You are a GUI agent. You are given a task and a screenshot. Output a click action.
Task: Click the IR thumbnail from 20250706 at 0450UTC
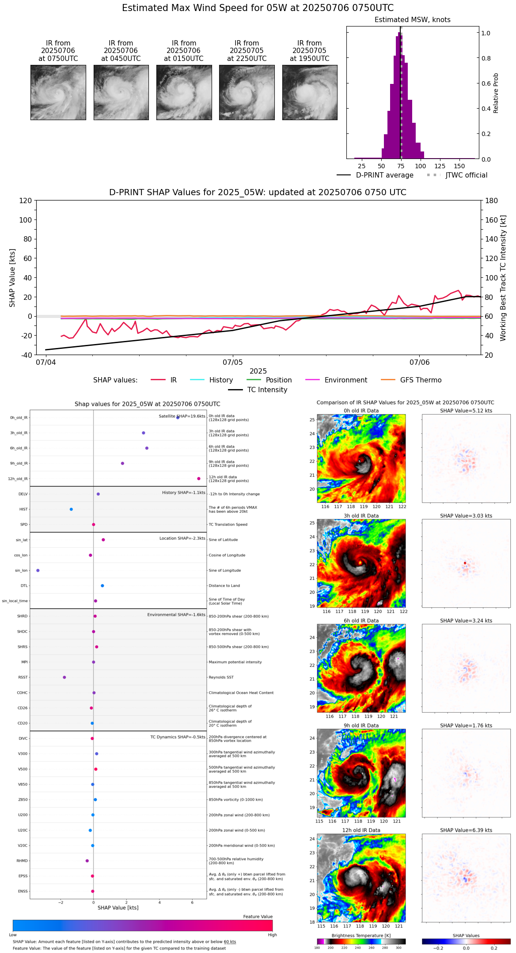(x=121, y=92)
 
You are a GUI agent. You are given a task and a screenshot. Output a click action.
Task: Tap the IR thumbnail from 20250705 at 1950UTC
(x=310, y=92)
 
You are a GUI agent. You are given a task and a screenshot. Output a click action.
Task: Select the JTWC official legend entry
(x=466, y=175)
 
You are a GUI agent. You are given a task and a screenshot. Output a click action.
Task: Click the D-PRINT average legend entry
(x=384, y=175)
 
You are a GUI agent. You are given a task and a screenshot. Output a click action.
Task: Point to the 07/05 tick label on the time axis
(x=232, y=363)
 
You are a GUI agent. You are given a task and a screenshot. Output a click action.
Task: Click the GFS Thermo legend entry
(x=421, y=380)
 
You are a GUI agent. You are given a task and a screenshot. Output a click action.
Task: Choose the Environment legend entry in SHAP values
(x=345, y=380)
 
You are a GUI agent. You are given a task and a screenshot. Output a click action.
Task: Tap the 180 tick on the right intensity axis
(x=491, y=200)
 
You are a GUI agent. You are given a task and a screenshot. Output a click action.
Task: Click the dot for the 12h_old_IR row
(x=199, y=479)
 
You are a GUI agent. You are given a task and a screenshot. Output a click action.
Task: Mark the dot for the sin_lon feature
(x=38, y=571)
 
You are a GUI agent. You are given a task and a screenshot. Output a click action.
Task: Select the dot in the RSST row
(x=64, y=677)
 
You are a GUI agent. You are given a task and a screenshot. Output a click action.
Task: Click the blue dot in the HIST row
(x=71, y=509)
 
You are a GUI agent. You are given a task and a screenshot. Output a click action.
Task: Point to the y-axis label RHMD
(x=22, y=861)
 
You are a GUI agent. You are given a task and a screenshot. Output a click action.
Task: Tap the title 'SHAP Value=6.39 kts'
(x=466, y=830)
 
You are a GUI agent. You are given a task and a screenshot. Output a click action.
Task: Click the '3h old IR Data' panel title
(x=361, y=516)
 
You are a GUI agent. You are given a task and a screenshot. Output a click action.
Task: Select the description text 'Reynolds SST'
(x=221, y=677)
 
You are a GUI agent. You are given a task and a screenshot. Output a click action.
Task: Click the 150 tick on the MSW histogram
(x=459, y=166)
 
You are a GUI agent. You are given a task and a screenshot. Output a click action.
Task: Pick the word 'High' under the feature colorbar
(x=272, y=935)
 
